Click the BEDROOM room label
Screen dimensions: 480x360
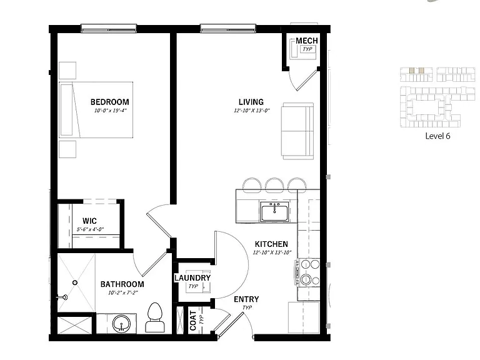point(109,102)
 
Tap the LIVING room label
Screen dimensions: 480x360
point(251,102)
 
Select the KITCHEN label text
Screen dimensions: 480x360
point(271,244)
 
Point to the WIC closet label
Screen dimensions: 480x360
point(89,221)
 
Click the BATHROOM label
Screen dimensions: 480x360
point(122,284)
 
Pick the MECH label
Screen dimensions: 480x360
point(306,41)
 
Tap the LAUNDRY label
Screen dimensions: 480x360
point(192,278)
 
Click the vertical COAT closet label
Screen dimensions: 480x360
point(193,321)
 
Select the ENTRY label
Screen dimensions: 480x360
point(246,299)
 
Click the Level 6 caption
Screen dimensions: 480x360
point(437,136)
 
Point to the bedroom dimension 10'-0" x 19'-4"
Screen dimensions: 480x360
point(110,111)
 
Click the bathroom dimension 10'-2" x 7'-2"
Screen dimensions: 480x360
point(123,292)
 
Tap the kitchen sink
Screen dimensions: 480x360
point(274,211)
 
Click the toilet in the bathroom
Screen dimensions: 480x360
point(155,317)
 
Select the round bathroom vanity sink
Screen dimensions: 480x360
point(121,324)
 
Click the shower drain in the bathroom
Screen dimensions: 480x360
point(75,283)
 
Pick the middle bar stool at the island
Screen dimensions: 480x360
point(274,184)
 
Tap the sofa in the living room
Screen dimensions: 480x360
point(297,131)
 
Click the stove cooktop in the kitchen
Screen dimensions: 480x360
point(307,272)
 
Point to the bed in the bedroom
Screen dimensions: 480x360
point(96,109)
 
